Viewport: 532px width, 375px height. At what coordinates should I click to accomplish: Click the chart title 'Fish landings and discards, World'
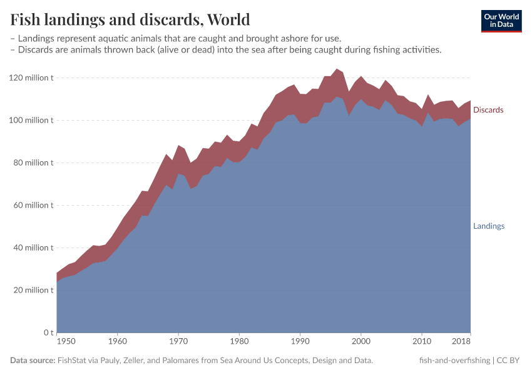130,19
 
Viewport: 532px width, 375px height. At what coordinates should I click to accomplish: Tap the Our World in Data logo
501,21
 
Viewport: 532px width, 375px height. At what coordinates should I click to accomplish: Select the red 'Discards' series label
488,110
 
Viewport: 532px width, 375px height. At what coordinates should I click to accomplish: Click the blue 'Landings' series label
489,226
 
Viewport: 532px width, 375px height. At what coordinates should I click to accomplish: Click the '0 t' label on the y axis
48,332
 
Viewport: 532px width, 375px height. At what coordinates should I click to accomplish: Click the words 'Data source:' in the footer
33,361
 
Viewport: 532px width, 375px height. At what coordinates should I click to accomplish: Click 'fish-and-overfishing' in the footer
454,361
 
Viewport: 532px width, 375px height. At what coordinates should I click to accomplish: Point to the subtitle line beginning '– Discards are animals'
226,50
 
